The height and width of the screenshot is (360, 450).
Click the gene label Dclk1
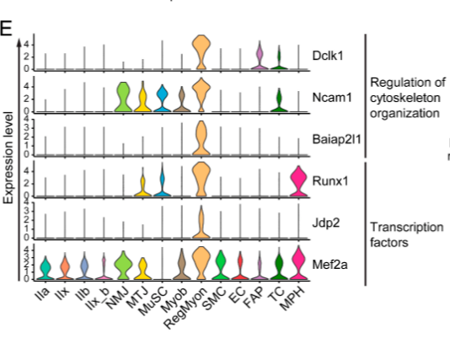point(328,56)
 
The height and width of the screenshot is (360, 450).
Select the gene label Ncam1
point(332,98)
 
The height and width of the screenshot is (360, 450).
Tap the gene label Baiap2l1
point(336,139)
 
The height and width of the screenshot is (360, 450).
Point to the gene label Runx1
point(330,181)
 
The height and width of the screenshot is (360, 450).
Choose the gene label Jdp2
point(326,223)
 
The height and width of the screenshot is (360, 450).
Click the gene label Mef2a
point(329,265)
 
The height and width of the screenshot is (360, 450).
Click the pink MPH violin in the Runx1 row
point(298,181)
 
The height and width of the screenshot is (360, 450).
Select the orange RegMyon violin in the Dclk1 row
point(201,52)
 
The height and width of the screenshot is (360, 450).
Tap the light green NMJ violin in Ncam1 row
point(123,97)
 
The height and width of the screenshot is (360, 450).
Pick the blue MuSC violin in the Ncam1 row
point(162,98)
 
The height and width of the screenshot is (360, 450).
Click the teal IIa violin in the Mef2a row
point(46,268)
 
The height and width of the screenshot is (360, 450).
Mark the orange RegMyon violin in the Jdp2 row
point(201,222)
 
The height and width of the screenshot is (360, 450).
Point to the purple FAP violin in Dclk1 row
point(260,56)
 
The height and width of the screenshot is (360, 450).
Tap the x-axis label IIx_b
point(99,298)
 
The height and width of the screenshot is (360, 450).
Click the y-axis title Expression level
point(8,158)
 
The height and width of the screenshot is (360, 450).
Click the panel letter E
point(6,28)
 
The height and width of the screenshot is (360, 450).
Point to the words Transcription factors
point(407,235)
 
